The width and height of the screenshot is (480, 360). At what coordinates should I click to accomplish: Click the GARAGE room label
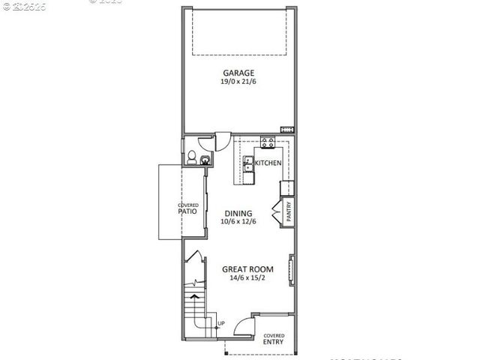pos(238,73)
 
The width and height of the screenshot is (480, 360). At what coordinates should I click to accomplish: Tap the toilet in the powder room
pos(191,157)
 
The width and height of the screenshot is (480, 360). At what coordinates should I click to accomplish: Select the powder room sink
pos(204,160)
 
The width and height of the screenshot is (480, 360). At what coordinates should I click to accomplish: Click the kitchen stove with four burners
pos(266,143)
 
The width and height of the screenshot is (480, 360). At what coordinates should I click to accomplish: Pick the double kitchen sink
pos(249,169)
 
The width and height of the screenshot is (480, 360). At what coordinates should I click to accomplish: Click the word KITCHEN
pos(268,163)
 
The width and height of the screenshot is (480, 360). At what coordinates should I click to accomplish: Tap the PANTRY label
pos(289,210)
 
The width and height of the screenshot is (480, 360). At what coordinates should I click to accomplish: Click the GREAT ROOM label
pos(247,269)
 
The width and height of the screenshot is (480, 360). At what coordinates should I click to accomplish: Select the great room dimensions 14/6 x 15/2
pos(247,277)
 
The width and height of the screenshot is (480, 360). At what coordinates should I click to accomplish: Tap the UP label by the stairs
pos(220,324)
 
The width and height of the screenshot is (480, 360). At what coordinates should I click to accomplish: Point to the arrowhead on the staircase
pos(196,297)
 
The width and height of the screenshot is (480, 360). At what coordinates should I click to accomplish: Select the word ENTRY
pos(274,342)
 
